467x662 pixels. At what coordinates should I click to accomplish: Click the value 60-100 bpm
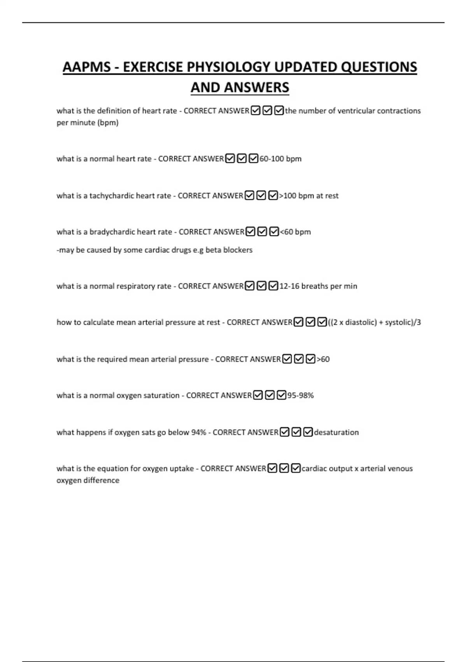pos(280,159)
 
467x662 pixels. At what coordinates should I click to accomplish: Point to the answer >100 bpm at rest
pos(309,195)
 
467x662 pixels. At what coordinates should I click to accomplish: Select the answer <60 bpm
pos(295,232)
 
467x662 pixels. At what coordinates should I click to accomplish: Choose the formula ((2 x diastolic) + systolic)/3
pos(374,322)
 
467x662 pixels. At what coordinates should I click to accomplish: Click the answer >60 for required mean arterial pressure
pos(323,359)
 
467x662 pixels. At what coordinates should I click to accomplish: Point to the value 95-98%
pos(300,396)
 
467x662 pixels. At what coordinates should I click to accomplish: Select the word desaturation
pos(336,432)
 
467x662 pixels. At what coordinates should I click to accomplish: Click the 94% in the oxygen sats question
pos(198,432)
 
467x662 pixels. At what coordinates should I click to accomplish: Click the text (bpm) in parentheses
pos(108,123)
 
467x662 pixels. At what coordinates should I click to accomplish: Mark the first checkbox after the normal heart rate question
pos(230,159)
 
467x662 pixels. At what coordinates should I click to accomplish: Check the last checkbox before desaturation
pos(308,432)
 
